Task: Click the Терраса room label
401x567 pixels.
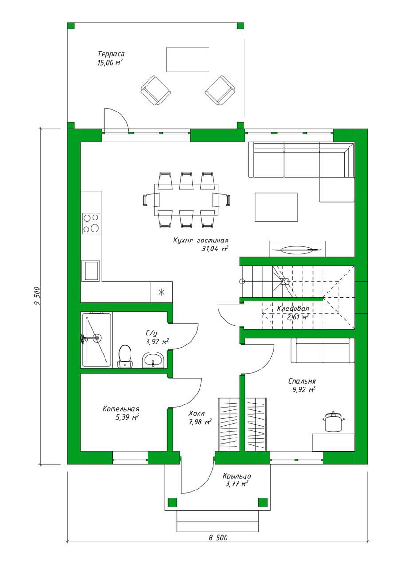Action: (111, 54)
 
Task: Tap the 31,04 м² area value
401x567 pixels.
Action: (215, 249)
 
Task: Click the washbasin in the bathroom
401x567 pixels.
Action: (153, 360)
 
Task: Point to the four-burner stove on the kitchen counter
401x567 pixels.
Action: (91, 223)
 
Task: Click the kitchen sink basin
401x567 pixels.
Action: (90, 270)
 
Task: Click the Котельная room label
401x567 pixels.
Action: (121, 409)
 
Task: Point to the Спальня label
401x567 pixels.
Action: (302, 381)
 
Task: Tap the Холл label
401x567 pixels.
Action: (197, 413)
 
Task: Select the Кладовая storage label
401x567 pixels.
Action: (293, 309)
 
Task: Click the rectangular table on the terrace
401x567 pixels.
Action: (188, 60)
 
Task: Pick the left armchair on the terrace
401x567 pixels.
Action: (155, 90)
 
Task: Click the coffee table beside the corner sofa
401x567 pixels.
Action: (276, 207)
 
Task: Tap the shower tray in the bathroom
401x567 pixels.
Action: (96, 339)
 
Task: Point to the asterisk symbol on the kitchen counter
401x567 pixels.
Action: (161, 292)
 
